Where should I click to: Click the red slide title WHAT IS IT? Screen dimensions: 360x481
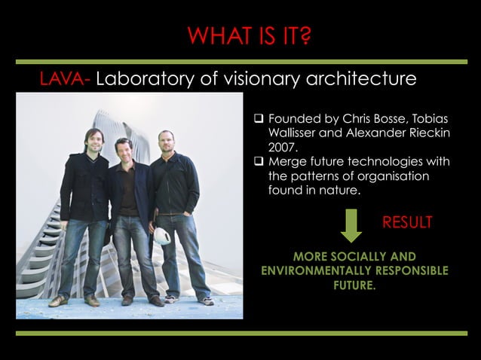(x=249, y=35)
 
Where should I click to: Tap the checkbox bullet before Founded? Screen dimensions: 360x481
(x=258, y=120)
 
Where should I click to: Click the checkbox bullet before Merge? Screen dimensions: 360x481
(x=258, y=162)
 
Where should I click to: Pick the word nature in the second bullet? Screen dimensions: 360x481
(x=340, y=191)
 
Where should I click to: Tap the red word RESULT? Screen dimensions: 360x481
(x=407, y=222)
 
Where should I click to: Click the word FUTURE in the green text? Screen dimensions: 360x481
(x=354, y=285)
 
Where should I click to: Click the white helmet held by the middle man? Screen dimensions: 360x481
(x=162, y=236)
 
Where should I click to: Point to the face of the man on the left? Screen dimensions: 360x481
(x=94, y=142)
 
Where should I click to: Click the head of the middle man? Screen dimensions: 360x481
(x=124, y=148)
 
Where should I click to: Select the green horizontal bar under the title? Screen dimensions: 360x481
(x=240, y=61)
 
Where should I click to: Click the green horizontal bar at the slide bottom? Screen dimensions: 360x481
(x=240, y=332)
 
